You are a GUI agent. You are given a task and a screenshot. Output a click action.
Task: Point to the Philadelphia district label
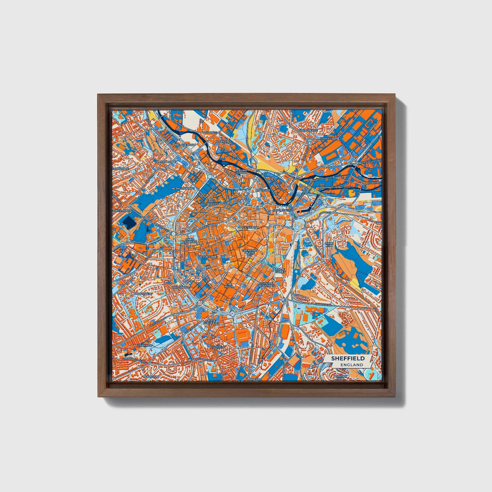(185, 145)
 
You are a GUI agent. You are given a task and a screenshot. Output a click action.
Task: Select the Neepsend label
(223, 141)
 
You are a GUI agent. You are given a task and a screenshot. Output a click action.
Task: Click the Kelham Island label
(241, 171)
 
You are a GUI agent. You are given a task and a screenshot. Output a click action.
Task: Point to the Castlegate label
(282, 211)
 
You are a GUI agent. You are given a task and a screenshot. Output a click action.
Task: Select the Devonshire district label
(207, 256)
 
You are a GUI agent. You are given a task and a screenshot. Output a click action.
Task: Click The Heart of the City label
(249, 252)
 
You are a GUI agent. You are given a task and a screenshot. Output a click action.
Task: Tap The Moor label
(229, 285)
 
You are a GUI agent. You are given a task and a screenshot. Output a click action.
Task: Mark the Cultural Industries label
(266, 284)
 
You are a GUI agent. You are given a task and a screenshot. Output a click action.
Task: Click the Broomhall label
(181, 287)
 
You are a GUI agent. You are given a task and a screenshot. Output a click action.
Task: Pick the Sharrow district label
(145, 346)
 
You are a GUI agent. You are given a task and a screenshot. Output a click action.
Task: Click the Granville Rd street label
(323, 305)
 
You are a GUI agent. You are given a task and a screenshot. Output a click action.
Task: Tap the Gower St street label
(326, 139)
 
